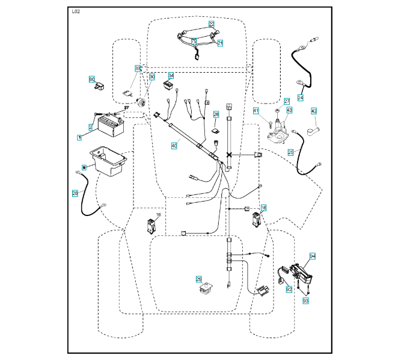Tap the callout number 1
79,137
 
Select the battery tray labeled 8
108,161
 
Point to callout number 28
75,193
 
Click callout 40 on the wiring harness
174,145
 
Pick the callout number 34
171,76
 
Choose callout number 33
138,69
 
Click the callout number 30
152,76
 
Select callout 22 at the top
212,24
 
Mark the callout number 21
220,43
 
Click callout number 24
300,97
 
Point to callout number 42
313,111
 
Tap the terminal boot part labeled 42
314,130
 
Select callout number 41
256,111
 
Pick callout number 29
198,279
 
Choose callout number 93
305,299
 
